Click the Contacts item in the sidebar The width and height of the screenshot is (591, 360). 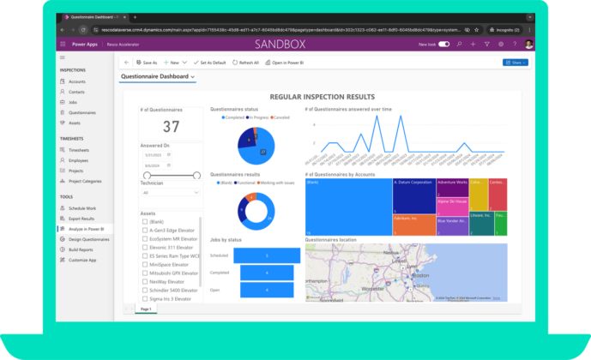77,92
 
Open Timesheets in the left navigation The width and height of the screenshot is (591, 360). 79,150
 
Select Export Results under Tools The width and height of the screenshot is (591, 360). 82,219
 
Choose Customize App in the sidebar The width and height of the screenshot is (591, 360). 82,260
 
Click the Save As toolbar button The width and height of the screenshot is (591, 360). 147,63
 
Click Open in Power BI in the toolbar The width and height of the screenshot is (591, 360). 287,63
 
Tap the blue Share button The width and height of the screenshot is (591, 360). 515,63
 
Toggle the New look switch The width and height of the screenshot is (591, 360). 443,44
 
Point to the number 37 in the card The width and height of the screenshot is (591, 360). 172,127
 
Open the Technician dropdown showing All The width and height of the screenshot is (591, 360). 171,193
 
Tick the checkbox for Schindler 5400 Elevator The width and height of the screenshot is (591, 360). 145,291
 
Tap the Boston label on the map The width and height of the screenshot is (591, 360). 420,277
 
